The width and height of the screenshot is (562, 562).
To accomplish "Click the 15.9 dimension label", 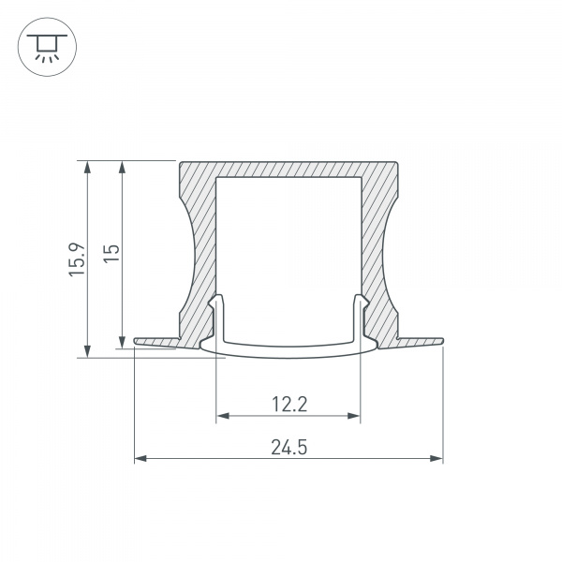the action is click(x=78, y=259).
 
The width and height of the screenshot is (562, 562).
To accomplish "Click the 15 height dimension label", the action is click(x=111, y=254).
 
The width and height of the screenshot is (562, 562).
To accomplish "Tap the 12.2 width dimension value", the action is click(x=289, y=405).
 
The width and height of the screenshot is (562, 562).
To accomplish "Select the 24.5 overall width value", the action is click(x=288, y=448).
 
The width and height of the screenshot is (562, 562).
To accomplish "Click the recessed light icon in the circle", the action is click(x=47, y=47).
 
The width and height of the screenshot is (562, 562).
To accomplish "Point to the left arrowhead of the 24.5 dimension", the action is click(x=140, y=458).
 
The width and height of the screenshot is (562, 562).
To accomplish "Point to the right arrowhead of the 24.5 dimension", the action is click(x=436, y=458).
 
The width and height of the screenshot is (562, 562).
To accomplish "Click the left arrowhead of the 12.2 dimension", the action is click(x=223, y=416).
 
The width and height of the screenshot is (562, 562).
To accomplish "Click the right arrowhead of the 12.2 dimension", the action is click(x=354, y=416).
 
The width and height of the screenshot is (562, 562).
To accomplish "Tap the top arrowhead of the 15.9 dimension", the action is click(x=87, y=168).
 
